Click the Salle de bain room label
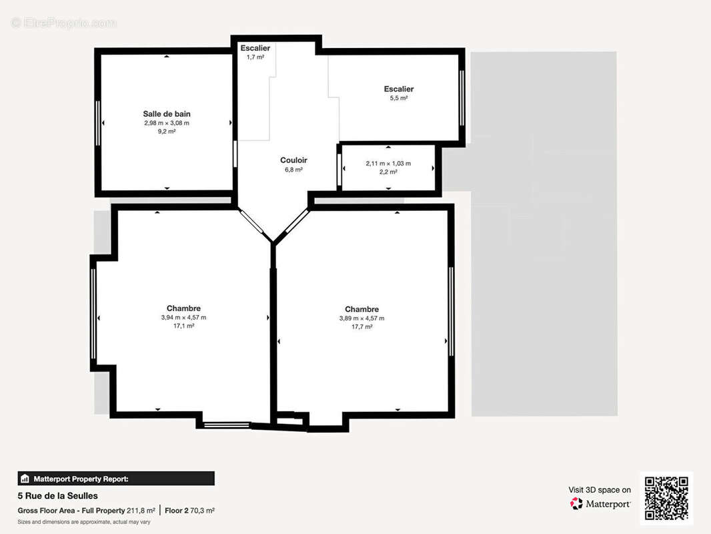click(167, 114)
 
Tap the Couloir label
click(293, 160)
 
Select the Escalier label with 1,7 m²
click(255, 48)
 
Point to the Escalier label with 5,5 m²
click(399, 89)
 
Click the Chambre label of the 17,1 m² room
click(183, 308)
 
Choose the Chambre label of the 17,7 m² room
click(362, 310)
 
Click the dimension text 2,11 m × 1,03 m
click(388, 164)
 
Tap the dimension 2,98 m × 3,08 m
click(167, 123)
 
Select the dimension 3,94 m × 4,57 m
click(183, 318)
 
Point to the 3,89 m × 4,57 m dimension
click(362, 318)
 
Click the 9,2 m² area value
click(167, 131)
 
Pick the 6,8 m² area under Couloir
click(293, 170)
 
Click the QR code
click(666, 498)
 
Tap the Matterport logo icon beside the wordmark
click(576, 503)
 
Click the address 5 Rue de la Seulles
click(57, 496)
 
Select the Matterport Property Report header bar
click(116, 479)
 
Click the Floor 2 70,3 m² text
click(189, 511)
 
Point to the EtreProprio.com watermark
click(64, 23)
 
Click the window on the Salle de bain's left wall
click(97, 123)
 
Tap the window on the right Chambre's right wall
click(451, 312)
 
